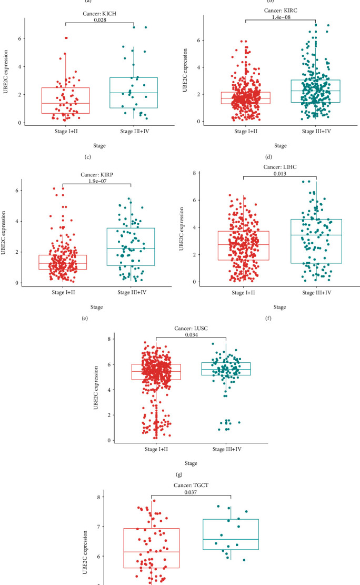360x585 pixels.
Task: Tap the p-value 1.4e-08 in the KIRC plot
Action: [x=280, y=17]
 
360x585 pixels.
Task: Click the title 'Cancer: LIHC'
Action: [x=280, y=167]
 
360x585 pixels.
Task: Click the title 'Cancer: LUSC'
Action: [x=191, y=328]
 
